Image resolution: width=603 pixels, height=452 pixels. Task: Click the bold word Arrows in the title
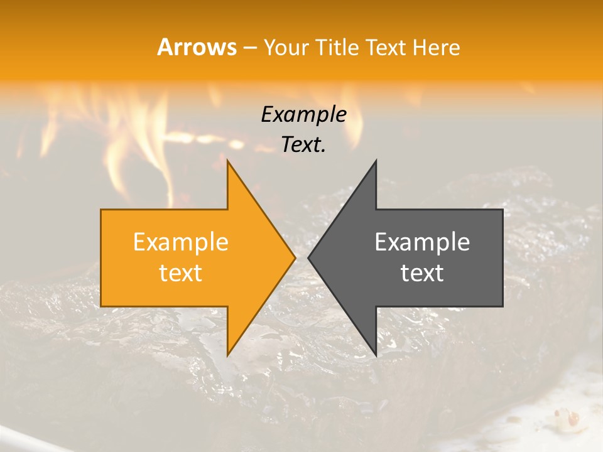coord(197,47)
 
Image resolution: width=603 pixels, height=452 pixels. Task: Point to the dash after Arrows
coord(249,48)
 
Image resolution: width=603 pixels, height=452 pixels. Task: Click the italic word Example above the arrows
coord(303,115)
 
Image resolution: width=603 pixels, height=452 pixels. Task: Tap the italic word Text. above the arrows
coord(303,145)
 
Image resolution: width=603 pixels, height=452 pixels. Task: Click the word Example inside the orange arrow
coord(180,242)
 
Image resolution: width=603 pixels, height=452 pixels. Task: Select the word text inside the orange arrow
coord(180,273)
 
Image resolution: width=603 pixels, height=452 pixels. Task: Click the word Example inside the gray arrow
coord(422,242)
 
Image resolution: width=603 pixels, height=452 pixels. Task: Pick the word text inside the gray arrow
coord(422,273)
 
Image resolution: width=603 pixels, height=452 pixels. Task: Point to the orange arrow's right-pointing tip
coord(295,257)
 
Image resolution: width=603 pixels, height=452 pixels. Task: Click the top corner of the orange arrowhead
coord(228,161)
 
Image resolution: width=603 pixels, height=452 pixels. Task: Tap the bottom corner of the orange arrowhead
coord(228,355)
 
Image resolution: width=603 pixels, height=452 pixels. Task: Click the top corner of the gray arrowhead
coord(376,161)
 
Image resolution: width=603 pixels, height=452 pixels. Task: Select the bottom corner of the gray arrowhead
coord(376,355)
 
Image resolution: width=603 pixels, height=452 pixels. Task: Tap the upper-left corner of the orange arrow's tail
coord(102,210)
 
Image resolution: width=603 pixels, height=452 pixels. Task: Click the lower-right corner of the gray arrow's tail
coord(502,306)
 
